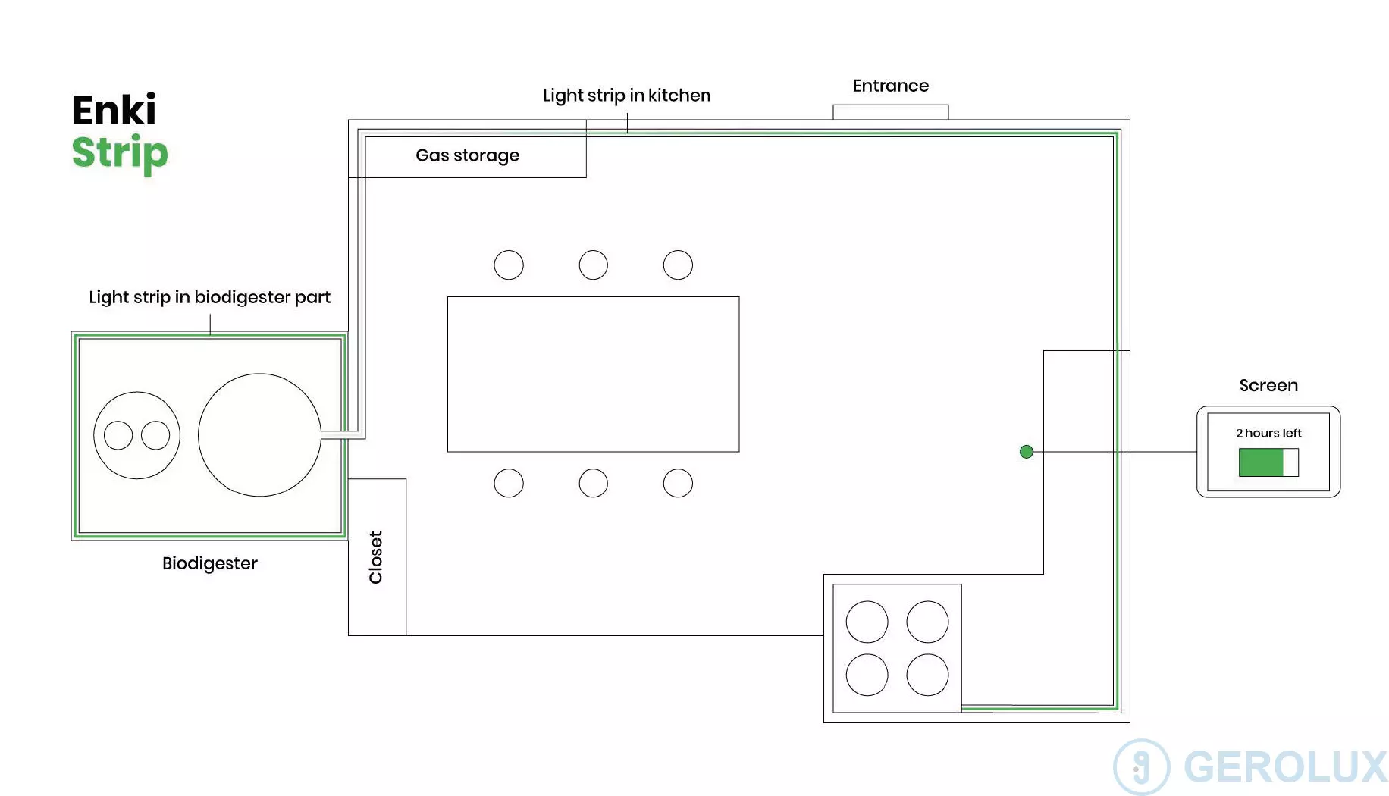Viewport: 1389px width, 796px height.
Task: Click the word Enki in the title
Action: [x=114, y=110]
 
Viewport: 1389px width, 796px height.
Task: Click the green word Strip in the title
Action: [x=120, y=152]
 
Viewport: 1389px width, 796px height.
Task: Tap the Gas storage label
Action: [x=467, y=155]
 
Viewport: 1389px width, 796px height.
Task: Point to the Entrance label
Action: [x=890, y=86]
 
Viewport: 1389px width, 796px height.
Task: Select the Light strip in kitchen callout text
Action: [x=626, y=96]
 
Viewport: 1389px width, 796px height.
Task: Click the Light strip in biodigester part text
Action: [x=209, y=297]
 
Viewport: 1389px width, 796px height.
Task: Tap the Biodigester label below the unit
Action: [x=209, y=563]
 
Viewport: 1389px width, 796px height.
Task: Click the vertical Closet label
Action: [x=375, y=557]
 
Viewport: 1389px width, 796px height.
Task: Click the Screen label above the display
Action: [x=1268, y=385]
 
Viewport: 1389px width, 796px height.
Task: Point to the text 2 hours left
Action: [x=1268, y=433]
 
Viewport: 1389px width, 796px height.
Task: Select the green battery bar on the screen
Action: [x=1261, y=462]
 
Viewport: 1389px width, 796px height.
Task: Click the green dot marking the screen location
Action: [x=1027, y=452]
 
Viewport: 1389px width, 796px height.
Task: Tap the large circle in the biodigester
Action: [x=259, y=435]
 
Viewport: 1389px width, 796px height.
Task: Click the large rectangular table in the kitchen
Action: [x=593, y=374]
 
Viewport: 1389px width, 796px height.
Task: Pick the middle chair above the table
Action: [x=593, y=265]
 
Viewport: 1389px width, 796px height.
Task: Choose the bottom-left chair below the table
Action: [x=509, y=483]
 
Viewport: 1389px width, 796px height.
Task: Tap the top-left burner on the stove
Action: [x=867, y=622]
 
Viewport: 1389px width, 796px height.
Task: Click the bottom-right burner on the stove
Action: [x=927, y=675]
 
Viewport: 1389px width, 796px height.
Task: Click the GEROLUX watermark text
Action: [x=1284, y=766]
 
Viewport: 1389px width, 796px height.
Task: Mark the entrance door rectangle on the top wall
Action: [x=890, y=112]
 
